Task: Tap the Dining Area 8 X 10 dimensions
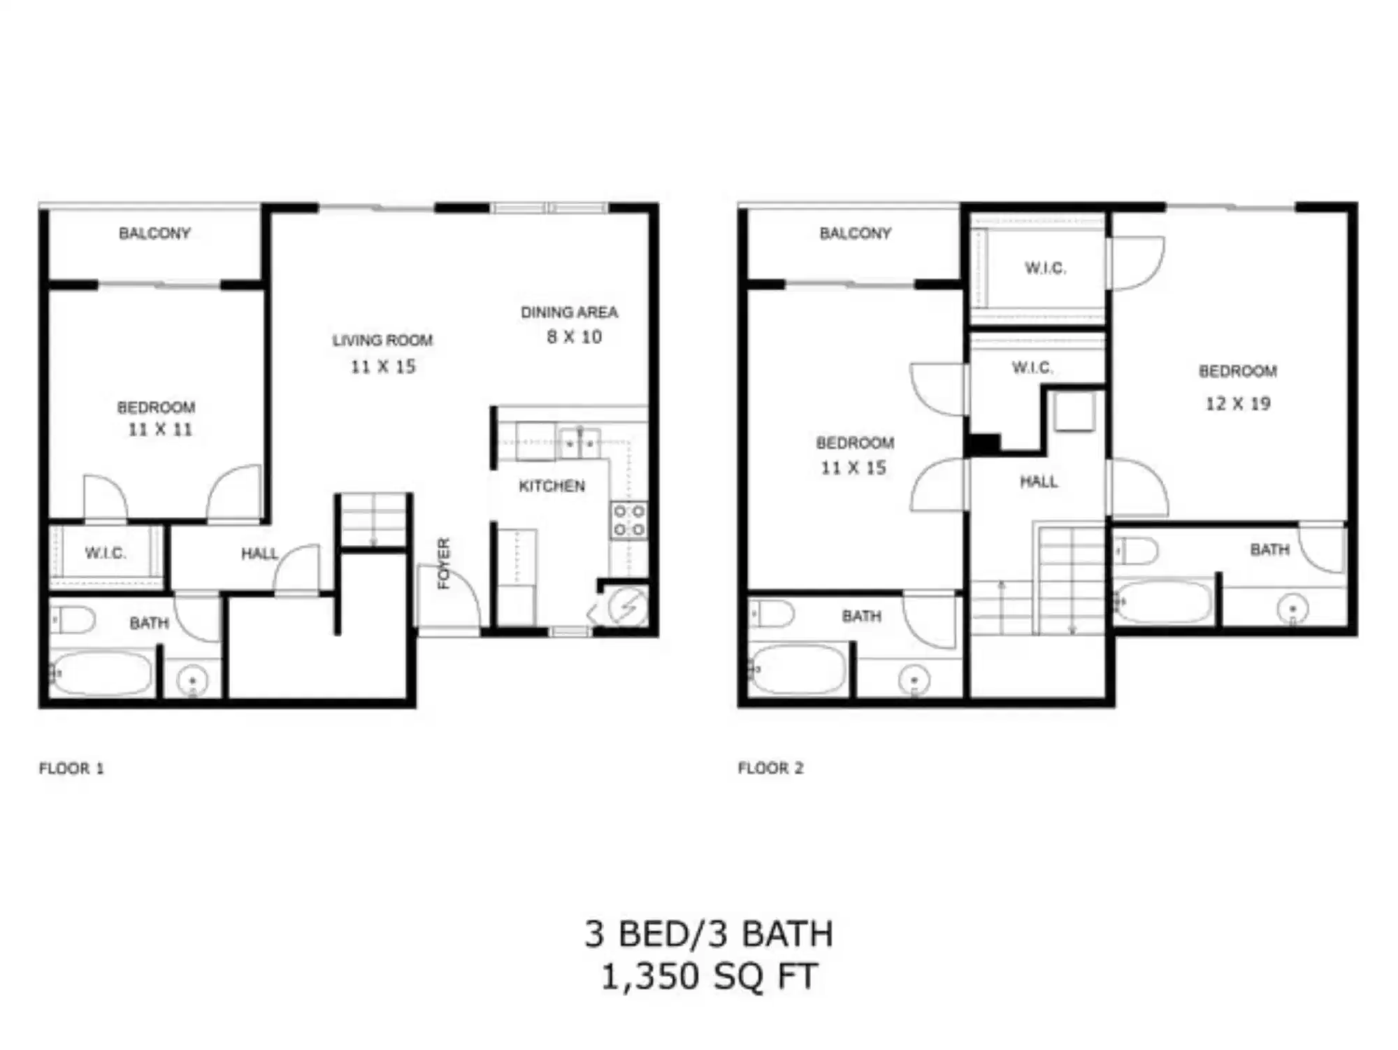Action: click(x=574, y=337)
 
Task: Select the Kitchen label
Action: click(x=552, y=486)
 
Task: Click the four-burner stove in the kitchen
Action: click(x=628, y=521)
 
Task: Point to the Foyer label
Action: click(x=444, y=563)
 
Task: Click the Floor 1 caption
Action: click(x=71, y=768)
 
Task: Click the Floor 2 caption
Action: click(x=770, y=768)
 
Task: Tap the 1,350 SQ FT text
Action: click(x=709, y=977)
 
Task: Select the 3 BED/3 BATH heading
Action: click(x=709, y=934)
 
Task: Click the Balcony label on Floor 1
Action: click(x=154, y=233)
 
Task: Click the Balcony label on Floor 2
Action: click(x=855, y=233)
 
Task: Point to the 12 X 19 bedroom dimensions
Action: click(x=1237, y=404)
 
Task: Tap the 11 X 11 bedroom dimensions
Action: click(x=159, y=430)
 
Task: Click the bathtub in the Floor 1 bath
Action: click(x=102, y=673)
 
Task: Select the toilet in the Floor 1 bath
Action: click(x=74, y=619)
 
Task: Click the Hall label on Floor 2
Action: click(x=1039, y=482)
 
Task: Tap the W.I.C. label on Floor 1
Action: click(x=106, y=553)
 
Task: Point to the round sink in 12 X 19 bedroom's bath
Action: click(x=1292, y=608)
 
